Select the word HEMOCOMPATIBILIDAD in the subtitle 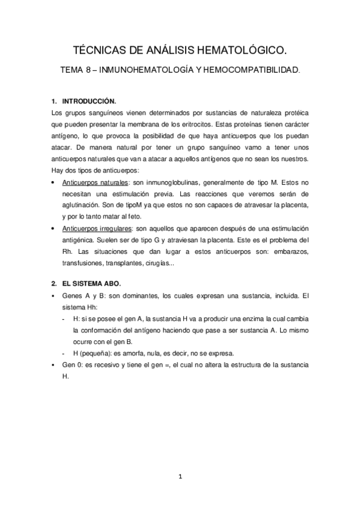pos(246,70)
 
